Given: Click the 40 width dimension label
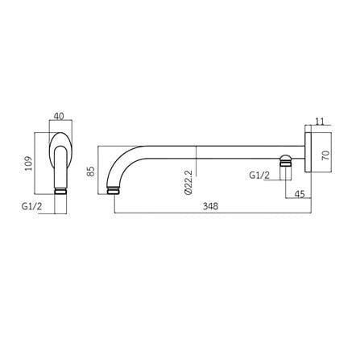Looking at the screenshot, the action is click(x=59, y=116).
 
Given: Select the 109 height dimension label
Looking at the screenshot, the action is click(x=28, y=163).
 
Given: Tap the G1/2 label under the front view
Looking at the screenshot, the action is click(x=32, y=206).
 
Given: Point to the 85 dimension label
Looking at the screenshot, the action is click(x=92, y=171).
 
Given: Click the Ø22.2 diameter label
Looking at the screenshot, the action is click(x=188, y=183).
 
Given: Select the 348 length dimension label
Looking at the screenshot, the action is click(x=210, y=206).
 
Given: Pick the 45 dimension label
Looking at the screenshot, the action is click(x=300, y=194).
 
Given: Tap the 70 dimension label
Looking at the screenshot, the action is click(x=325, y=155).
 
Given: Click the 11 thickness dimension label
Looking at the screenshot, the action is click(x=319, y=122).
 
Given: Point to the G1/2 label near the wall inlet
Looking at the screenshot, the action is click(x=259, y=176).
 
